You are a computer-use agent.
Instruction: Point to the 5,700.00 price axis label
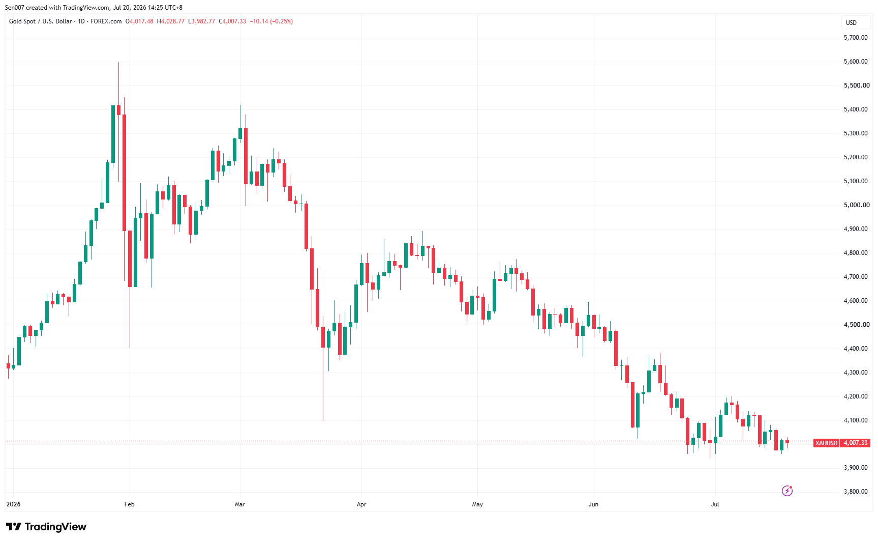click(x=856, y=38)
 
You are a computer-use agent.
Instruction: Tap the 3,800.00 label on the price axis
click(x=856, y=492)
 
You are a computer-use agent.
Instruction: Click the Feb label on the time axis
click(x=130, y=504)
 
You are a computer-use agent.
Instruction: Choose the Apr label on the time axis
click(x=361, y=504)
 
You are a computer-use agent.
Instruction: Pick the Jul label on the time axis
click(x=715, y=504)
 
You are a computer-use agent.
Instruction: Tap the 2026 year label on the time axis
click(x=13, y=504)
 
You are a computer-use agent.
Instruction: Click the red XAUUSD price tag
click(x=826, y=443)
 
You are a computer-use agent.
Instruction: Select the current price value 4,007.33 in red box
click(x=856, y=443)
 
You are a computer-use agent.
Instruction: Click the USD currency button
click(x=852, y=23)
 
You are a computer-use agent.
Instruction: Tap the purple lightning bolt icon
click(x=787, y=491)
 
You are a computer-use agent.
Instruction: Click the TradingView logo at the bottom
click(x=46, y=527)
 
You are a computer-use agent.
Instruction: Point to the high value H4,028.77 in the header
click(x=171, y=21)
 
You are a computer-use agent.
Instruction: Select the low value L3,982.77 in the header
click(x=202, y=21)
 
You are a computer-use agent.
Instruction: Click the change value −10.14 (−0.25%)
click(x=271, y=21)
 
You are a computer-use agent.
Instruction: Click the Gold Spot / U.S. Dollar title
click(x=41, y=21)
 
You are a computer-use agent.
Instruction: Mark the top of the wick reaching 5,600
click(x=118, y=62)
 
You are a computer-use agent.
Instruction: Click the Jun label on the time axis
click(x=593, y=504)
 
